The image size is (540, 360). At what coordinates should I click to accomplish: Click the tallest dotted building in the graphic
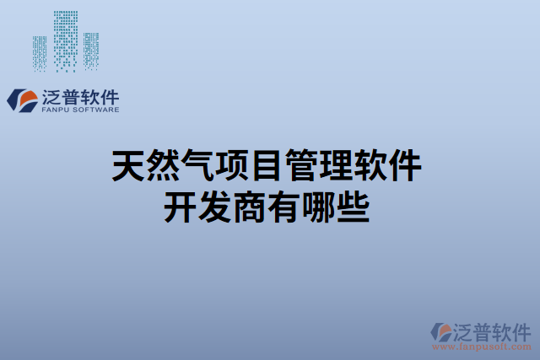66,40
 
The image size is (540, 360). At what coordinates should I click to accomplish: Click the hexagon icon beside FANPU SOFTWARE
19,100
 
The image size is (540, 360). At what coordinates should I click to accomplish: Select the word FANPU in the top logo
56,110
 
